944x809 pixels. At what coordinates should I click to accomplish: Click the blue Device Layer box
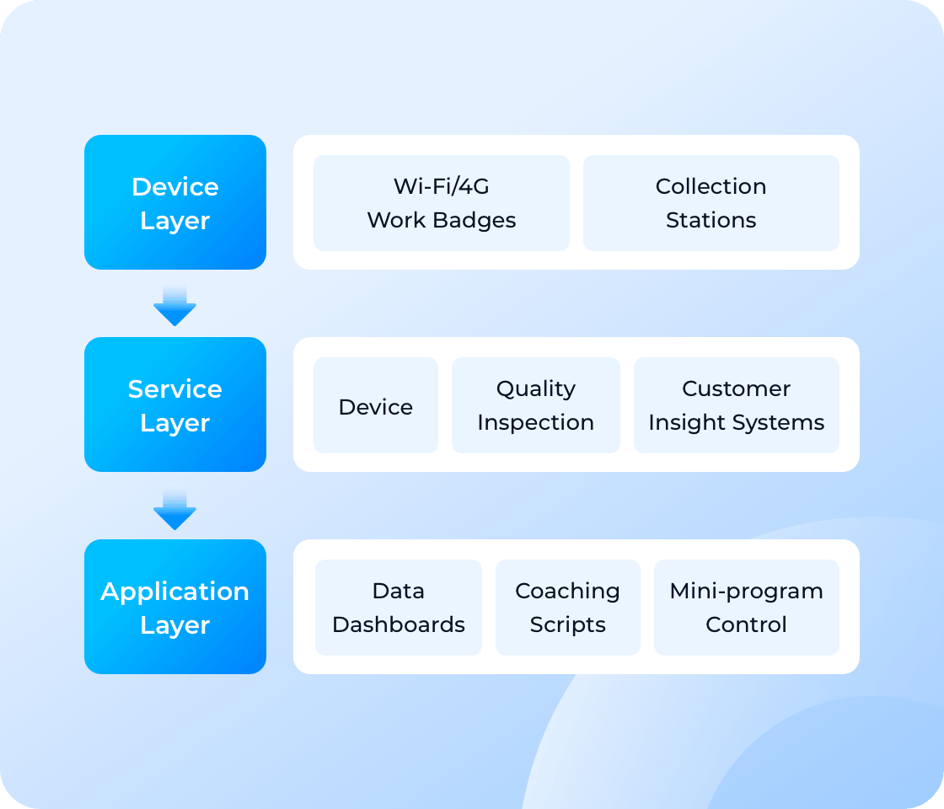(x=175, y=202)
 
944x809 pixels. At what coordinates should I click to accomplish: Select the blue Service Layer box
(x=175, y=404)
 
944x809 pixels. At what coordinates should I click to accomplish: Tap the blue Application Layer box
(x=175, y=607)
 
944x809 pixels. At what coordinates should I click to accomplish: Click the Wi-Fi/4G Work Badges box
(x=442, y=203)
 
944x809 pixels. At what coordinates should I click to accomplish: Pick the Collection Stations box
(x=711, y=203)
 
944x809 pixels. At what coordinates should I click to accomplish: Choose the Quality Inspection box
(x=535, y=405)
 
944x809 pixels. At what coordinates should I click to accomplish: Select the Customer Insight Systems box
(x=736, y=405)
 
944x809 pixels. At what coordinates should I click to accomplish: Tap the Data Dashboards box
(x=399, y=608)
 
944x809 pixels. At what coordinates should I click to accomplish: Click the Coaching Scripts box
(x=567, y=608)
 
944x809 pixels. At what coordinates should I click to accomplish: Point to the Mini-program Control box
(x=746, y=608)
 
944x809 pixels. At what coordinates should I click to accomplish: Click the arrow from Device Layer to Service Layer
(x=174, y=305)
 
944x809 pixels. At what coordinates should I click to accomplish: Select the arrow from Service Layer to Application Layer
(x=174, y=508)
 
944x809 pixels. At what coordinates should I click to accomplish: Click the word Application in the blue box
(x=175, y=592)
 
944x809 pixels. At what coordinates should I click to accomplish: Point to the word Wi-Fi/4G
(x=442, y=186)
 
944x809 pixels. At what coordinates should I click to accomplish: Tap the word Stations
(x=711, y=220)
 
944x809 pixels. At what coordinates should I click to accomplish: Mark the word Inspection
(x=535, y=422)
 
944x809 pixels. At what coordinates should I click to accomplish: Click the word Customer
(x=736, y=388)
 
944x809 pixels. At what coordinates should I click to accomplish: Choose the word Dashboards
(x=399, y=624)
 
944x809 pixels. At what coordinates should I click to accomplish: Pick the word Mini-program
(x=746, y=591)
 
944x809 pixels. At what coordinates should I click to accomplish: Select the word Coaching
(x=567, y=591)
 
